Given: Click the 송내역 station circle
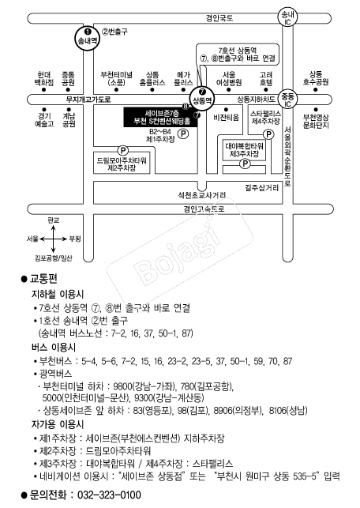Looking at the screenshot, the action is tap(88, 38).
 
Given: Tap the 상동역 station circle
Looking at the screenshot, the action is tap(202, 97).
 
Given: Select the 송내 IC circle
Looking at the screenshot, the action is tap(287, 18).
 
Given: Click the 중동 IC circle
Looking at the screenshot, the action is tap(287, 100).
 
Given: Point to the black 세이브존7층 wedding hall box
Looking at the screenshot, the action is tap(161, 117).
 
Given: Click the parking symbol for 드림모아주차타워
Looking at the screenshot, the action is tap(122, 151).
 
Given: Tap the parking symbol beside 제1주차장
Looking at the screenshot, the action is tap(184, 134).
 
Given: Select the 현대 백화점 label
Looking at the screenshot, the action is tap(43, 79).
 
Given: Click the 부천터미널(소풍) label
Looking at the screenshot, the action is tap(117, 79).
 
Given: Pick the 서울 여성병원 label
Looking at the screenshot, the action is tap(229, 79).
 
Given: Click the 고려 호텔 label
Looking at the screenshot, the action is tap(266, 79).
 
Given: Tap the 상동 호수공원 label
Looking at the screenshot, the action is tap(316, 78).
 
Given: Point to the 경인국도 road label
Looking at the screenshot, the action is tap(219, 18).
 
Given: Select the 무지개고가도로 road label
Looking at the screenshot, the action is tap(88, 99).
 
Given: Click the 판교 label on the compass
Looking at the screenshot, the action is tap(54, 220).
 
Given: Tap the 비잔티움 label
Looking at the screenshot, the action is tap(227, 117).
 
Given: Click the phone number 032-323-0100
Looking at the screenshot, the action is tap(110, 495).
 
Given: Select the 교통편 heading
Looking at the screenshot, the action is tap(43, 279).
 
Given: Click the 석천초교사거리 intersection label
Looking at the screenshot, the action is tap(202, 194).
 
